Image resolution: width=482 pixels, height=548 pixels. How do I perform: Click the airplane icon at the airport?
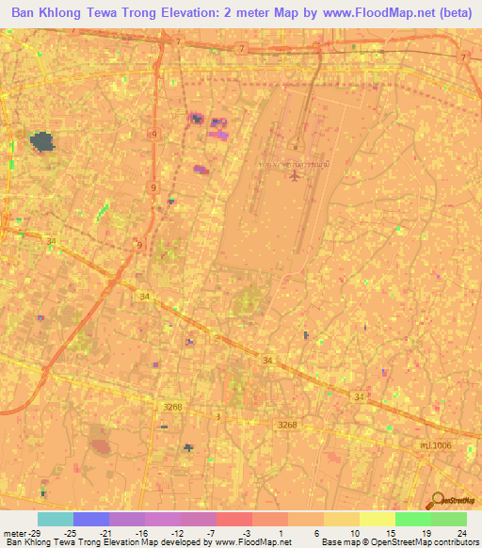coord(297,179)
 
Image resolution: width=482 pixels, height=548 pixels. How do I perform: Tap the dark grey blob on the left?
coord(42,143)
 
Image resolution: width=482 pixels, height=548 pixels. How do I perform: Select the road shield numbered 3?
coord(217,415)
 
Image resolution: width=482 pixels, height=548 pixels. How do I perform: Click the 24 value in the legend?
coord(461,532)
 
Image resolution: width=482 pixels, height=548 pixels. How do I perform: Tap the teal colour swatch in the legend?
coord(56,519)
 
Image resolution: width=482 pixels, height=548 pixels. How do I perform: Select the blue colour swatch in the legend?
coord(91,519)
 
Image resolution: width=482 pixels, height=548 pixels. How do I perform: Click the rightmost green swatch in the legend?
coord(449,519)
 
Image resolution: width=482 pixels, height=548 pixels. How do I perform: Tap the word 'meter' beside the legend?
coord(14,532)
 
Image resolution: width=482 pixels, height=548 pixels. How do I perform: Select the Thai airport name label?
coord(295,164)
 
